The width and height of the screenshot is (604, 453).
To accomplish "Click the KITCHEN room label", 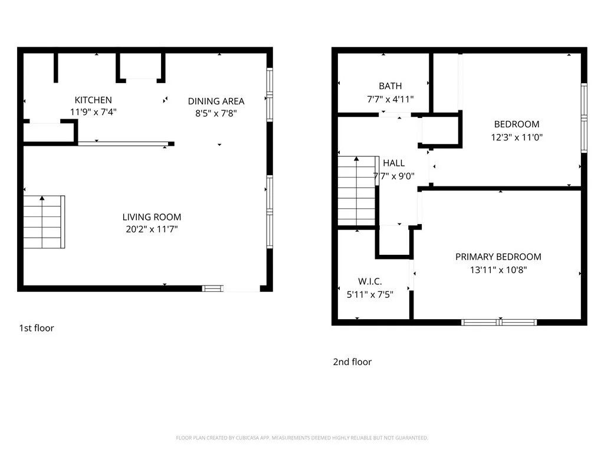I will click(x=93, y=100).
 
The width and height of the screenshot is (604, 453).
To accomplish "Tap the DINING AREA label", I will click(x=216, y=101).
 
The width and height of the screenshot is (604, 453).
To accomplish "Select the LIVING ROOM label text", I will click(x=152, y=216).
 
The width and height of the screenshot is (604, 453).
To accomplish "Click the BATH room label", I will click(x=390, y=86).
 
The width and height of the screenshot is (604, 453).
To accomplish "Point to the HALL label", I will click(x=393, y=163).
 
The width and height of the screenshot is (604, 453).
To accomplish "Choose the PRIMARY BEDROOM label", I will click(x=498, y=257).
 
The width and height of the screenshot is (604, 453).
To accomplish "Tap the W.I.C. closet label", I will click(x=370, y=281).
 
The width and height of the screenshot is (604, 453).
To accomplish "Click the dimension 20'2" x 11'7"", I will click(x=152, y=229).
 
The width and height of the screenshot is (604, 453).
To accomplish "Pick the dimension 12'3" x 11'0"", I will click(x=516, y=136).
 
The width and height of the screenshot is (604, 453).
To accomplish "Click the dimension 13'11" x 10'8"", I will click(x=498, y=270).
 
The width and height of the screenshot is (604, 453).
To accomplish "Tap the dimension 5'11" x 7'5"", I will click(x=370, y=294).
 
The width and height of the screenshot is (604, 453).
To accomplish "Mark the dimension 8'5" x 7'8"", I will click(x=216, y=113).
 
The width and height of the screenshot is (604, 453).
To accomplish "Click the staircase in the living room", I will click(x=44, y=221).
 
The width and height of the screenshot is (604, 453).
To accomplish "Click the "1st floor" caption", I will click(x=37, y=328).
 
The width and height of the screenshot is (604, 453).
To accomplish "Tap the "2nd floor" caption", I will click(x=352, y=362).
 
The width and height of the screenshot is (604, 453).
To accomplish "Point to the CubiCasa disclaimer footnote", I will click(x=302, y=438).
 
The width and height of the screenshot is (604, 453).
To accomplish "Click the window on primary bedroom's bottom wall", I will click(x=499, y=322).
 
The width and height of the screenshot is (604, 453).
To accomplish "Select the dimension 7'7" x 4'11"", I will click(x=390, y=99).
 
